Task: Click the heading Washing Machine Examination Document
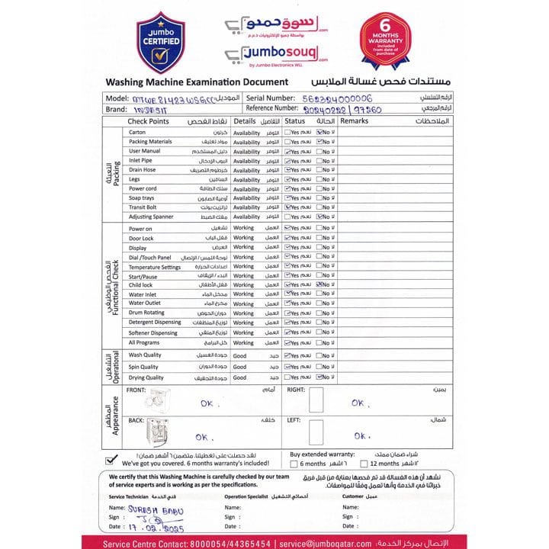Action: point(197,82)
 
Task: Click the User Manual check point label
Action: point(145,151)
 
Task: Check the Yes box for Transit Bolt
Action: point(287,207)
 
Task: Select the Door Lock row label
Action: point(141,238)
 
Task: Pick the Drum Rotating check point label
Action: point(146,313)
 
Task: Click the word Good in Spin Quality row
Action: point(240,367)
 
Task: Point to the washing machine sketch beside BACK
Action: point(159,432)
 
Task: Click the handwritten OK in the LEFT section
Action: point(361,435)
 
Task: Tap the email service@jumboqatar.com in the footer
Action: point(325,544)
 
